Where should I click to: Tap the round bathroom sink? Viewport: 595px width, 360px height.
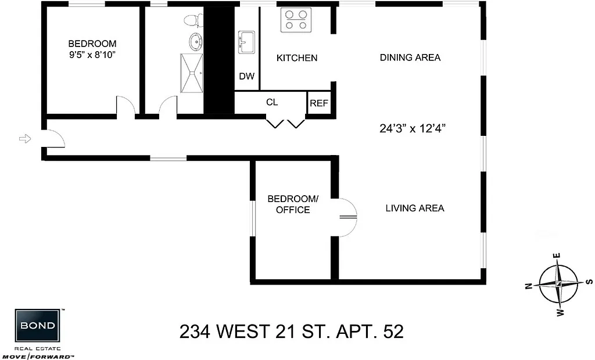196,42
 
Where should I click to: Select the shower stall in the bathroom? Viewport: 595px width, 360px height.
192,73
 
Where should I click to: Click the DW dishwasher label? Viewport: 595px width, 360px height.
246,77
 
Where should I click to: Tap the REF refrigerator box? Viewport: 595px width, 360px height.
318,103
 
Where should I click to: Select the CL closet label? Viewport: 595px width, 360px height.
272,102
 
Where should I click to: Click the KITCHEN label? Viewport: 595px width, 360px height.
296,58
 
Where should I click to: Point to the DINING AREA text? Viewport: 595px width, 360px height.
410,57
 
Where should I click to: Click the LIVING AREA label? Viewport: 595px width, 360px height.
415,208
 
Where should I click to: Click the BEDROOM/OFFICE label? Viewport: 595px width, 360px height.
292,204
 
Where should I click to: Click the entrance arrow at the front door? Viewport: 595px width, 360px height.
24,138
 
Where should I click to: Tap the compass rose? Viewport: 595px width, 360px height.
558,283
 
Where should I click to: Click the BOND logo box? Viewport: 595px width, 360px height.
38,326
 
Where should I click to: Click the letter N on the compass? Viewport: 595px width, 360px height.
529,286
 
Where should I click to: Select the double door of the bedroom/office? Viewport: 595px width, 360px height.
347,217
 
